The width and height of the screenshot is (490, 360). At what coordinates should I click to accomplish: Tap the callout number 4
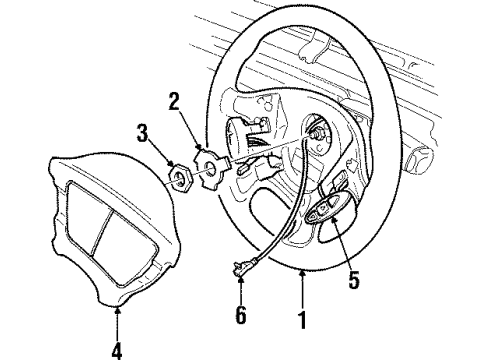(x=117, y=349)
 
